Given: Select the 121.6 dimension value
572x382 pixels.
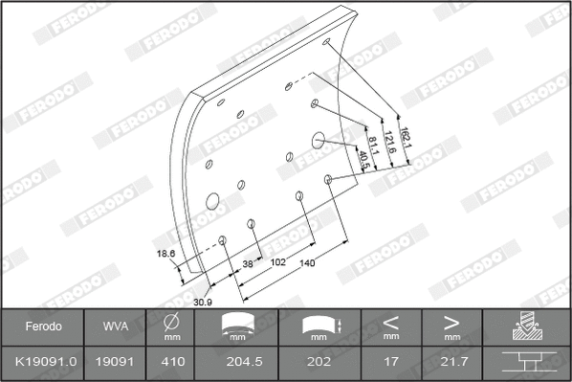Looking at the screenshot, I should [389, 144].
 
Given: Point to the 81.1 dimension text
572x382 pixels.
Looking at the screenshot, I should [372, 149].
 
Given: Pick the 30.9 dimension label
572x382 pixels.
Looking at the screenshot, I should [203, 303].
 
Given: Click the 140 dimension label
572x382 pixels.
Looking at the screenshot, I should [306, 262].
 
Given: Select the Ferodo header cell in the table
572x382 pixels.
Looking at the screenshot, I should [43, 326].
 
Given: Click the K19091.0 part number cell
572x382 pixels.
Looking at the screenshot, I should [43, 364].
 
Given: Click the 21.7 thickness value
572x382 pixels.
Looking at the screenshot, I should [451, 364].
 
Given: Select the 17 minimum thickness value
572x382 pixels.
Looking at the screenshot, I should [391, 364].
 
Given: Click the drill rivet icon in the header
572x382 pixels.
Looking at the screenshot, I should [526, 326].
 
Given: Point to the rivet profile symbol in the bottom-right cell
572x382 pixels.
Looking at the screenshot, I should [526, 364].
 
